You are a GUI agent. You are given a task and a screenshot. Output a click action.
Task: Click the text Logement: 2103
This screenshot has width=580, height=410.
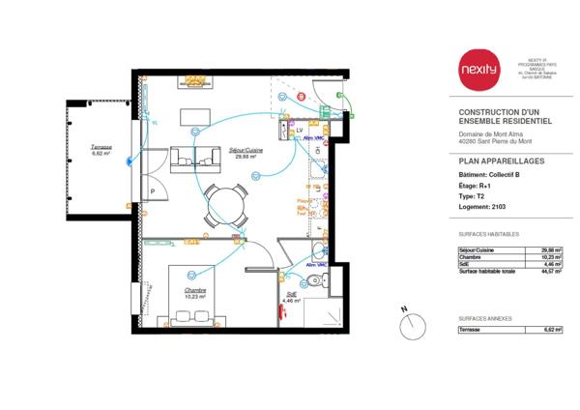click(x=482, y=207)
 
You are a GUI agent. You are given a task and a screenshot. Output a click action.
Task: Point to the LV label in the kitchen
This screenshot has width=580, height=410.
click(x=300, y=129)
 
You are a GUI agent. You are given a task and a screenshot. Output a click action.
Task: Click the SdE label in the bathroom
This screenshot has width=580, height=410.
click(x=291, y=294)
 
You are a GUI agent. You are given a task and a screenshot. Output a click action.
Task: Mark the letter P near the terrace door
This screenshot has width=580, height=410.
click(x=153, y=191)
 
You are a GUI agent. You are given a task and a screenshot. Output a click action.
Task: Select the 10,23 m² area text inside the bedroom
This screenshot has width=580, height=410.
click(x=198, y=295)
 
